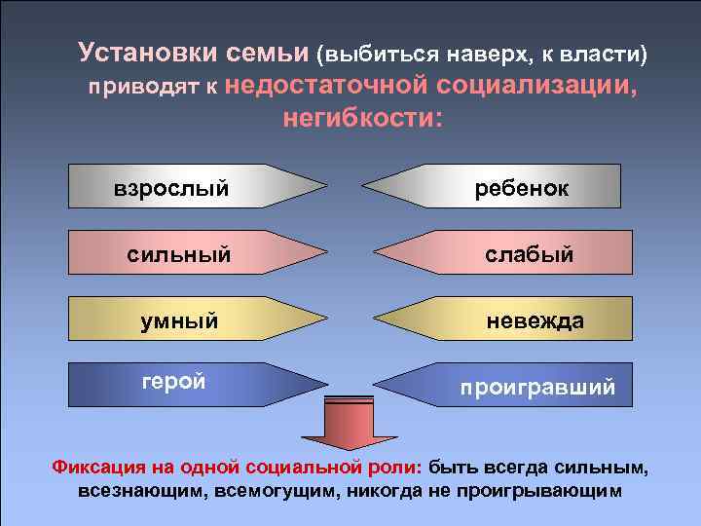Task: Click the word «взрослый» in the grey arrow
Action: tap(171, 187)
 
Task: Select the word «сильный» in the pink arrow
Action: tap(179, 254)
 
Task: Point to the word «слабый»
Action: tap(530, 254)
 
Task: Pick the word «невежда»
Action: tap(535, 320)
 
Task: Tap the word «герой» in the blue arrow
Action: tap(173, 382)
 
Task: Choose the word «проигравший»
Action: tap(537, 387)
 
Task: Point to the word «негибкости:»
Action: tap(361, 118)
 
